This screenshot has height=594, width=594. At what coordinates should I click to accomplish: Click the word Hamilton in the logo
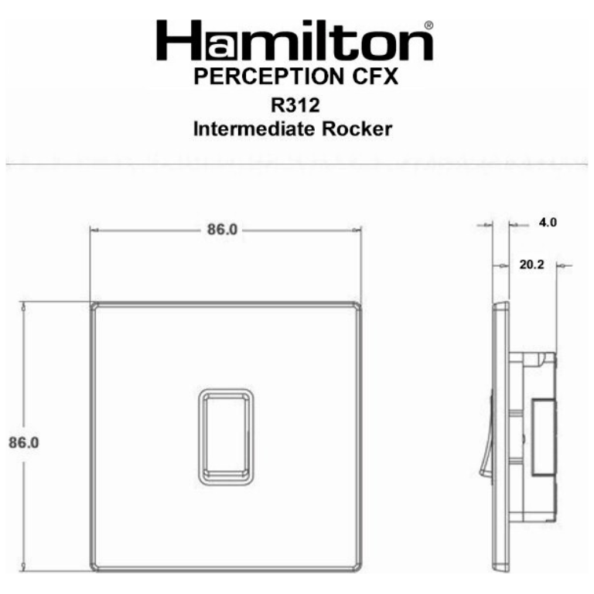pos(295,43)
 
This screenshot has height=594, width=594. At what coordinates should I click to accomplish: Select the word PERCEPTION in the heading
pos(267,77)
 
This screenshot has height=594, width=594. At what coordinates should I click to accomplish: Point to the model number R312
pos(295,104)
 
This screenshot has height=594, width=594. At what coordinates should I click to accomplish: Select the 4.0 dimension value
pos(548,223)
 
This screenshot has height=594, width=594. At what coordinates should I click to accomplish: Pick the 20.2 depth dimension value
pos(532,265)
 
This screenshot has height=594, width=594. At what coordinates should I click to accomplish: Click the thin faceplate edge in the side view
pos(502,437)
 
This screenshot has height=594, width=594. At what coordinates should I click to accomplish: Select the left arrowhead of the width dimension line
pos(94,230)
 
